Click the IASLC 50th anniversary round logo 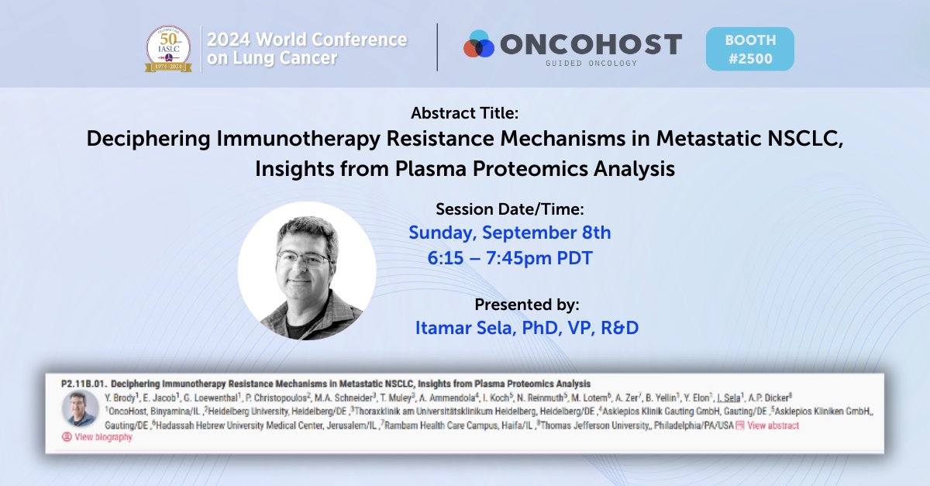[169, 48]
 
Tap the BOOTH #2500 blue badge [749, 49]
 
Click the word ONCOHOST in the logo [591, 44]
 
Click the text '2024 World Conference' [307, 40]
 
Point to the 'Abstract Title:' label [465, 113]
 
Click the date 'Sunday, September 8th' [509, 232]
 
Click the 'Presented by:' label [526, 303]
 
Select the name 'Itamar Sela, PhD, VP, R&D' [526, 327]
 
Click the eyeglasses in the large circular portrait [304, 259]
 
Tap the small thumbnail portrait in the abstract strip [81, 408]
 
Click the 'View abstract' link [773, 426]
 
